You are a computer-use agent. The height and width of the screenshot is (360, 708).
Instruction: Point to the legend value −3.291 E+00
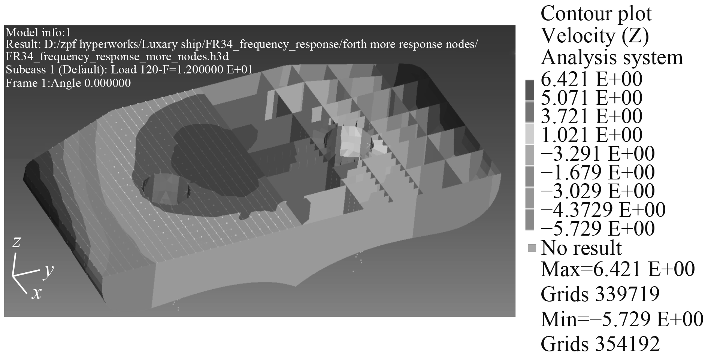[598, 154]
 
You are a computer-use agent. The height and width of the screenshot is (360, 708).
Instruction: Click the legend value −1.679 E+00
[598, 172]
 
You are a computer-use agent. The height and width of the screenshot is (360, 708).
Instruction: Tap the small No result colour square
[532, 248]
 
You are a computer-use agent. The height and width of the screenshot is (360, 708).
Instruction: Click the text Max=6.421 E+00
[618, 269]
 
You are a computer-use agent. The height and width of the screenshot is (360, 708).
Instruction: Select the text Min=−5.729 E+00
[622, 320]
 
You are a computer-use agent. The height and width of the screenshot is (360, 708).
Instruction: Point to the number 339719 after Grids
[627, 294]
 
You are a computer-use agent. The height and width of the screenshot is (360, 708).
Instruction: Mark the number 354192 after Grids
[627, 344]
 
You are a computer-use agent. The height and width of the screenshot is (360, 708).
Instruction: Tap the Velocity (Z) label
[595, 36]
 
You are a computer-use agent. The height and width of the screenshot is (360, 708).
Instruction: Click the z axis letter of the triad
[16, 242]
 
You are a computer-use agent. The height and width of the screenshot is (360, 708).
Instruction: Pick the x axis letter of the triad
[36, 293]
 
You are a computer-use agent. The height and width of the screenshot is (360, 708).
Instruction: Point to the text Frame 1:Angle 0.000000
[68, 83]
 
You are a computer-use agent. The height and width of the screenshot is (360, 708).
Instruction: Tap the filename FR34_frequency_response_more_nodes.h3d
[117, 57]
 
